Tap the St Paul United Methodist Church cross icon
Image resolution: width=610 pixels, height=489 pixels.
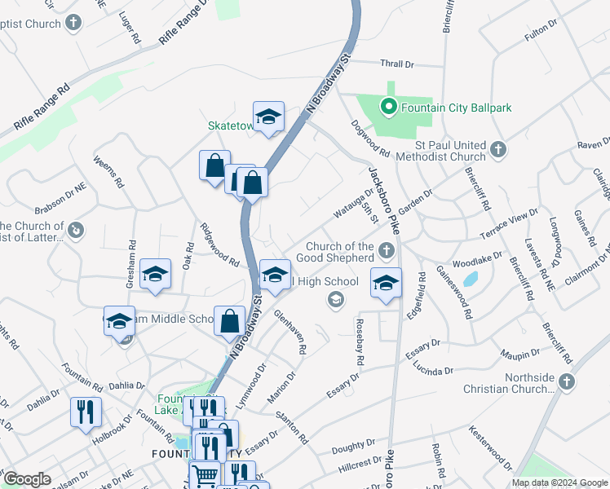(x=499, y=150)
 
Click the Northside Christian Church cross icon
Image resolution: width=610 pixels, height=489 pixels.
(x=568, y=381)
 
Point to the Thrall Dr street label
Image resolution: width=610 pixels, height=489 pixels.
(x=397, y=64)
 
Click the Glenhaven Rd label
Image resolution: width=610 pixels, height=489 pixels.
(x=290, y=332)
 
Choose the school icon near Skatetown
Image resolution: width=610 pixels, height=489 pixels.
(x=267, y=117)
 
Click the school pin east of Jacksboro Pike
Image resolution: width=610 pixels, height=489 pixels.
(x=386, y=282)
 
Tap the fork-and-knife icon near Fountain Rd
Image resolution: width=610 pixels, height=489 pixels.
(x=85, y=412)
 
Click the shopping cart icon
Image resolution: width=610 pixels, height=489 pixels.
(x=204, y=474)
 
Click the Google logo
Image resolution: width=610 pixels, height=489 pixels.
(x=27, y=479)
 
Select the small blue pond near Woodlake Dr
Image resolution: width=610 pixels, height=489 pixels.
(x=470, y=279)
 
